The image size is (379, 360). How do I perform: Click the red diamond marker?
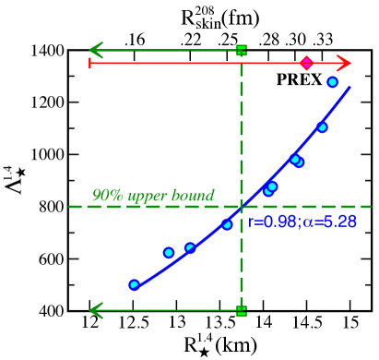tap(306, 63)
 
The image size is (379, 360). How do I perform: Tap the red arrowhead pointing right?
tap(346, 63)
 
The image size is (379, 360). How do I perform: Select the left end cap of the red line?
tap(89, 63)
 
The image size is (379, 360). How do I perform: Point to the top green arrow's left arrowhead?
tap(93, 49)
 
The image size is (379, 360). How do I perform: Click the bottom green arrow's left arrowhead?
tap(93, 310)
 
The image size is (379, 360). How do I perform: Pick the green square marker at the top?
tap(242, 49)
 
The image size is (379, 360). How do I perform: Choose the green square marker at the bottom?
tap(242, 310)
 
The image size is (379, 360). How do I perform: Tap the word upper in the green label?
tap(148, 197)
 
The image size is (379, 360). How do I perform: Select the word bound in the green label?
tap(195, 196)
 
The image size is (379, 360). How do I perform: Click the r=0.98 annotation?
tap(272, 222)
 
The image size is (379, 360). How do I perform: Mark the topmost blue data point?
tap(332, 82)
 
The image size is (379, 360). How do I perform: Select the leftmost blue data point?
tap(134, 284)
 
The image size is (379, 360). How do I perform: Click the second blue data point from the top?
tap(322, 127)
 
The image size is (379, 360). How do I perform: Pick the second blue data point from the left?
tap(169, 252)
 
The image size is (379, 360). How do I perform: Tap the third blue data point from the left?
tap(190, 247)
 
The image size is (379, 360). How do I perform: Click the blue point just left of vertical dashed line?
tap(227, 224)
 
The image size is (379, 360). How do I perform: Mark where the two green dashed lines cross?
tap(242, 207)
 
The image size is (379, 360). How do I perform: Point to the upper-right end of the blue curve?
tap(350, 88)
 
